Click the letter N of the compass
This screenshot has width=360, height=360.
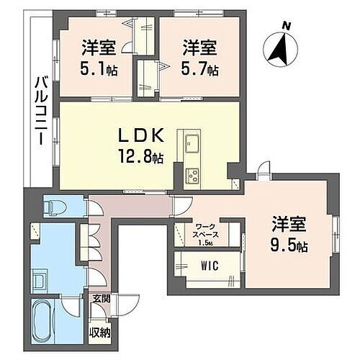click(x=286, y=27)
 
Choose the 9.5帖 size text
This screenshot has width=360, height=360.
click(x=289, y=246)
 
